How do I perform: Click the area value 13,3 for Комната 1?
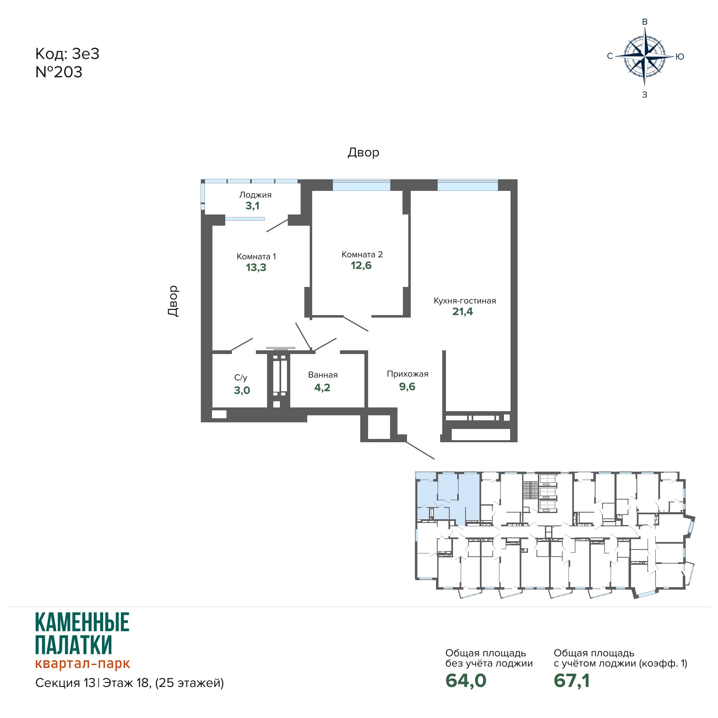[x=256, y=267]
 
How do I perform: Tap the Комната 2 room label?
[x=362, y=254]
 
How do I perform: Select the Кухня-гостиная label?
[x=465, y=301]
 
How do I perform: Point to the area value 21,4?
[x=463, y=312]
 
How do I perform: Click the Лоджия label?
[x=255, y=195]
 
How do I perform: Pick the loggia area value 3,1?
[x=252, y=206]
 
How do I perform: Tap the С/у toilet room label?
[x=241, y=378]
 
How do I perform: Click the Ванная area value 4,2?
[x=322, y=388]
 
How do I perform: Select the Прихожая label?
[x=407, y=374]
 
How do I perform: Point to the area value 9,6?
[x=407, y=387]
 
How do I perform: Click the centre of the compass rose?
[x=645, y=56]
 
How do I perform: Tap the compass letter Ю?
[x=679, y=57]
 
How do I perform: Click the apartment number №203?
[x=59, y=72]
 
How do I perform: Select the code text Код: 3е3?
[x=67, y=54]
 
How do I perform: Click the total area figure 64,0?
[x=466, y=681]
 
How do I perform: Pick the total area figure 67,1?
[x=572, y=681]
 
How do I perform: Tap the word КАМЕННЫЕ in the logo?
[x=82, y=622]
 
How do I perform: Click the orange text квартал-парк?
[x=82, y=663]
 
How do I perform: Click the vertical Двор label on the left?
[x=173, y=301]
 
